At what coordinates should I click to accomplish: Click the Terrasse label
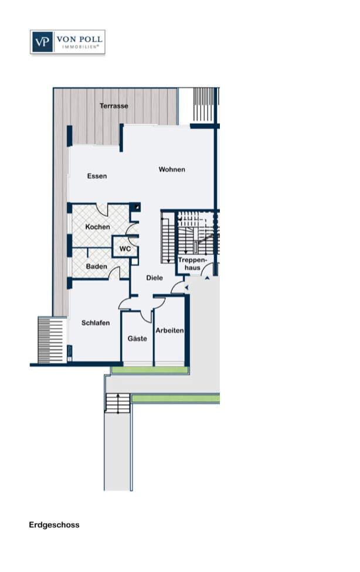[x=114, y=106]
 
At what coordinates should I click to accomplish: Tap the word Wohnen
[x=172, y=169]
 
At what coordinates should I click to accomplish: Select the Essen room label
[x=97, y=176]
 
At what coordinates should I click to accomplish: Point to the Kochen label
[x=97, y=227]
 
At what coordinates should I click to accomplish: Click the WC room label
[x=125, y=249]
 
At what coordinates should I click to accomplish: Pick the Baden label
[x=96, y=266]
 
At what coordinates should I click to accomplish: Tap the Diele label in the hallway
[x=154, y=278]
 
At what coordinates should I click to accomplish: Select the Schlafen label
[x=96, y=323]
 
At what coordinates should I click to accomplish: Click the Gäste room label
[x=137, y=339]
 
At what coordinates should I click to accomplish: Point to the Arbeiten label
[x=169, y=331]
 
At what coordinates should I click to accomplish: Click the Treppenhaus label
[x=192, y=264]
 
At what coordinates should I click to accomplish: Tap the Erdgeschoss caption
[x=54, y=525]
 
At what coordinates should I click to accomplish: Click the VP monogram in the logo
[x=42, y=42]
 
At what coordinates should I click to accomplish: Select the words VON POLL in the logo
[x=79, y=39]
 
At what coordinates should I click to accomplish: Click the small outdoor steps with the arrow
[x=118, y=403]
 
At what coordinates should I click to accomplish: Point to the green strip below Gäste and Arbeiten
[x=150, y=370]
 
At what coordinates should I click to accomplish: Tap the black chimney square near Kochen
[x=136, y=207]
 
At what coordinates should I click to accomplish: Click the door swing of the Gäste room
[x=146, y=316]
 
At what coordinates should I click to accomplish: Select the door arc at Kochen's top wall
[x=102, y=210]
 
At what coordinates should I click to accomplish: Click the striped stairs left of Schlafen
[x=52, y=340]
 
